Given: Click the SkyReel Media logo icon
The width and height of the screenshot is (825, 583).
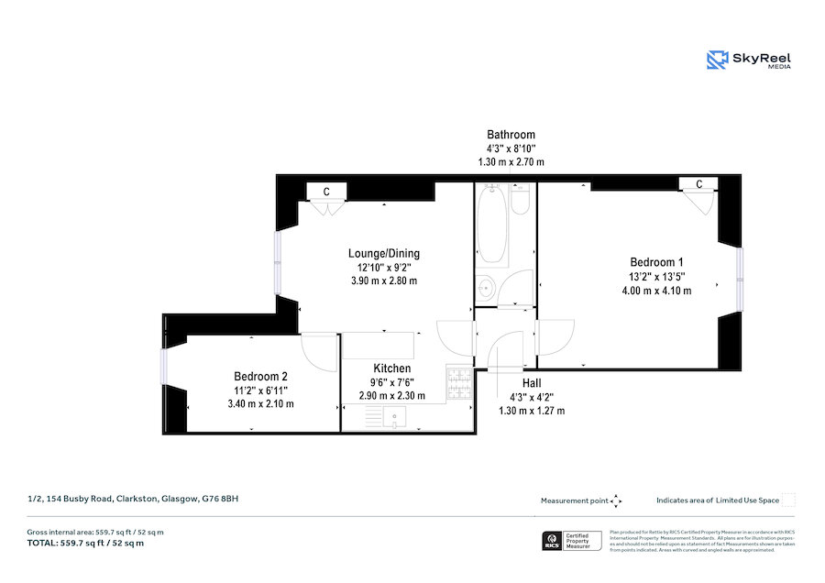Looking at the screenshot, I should (716, 60).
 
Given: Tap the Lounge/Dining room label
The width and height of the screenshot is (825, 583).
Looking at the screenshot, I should (383, 253).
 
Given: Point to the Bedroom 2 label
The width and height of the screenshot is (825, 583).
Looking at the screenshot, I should (260, 376).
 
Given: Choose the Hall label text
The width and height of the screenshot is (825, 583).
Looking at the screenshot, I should (532, 383).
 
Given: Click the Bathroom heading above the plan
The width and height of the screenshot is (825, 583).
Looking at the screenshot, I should (511, 134).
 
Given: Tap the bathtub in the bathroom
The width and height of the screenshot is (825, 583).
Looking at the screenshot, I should (491, 224).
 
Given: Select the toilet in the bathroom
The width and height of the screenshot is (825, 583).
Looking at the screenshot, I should (520, 199).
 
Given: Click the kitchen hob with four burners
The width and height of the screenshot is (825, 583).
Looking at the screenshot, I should (457, 383).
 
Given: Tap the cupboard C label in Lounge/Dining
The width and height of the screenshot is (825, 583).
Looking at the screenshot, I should (325, 192).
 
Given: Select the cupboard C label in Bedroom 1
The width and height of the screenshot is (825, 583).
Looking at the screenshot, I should (699, 184).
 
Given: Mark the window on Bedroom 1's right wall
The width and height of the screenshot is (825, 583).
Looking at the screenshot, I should (740, 279).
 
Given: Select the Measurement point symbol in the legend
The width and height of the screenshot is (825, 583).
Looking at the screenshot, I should (616, 500).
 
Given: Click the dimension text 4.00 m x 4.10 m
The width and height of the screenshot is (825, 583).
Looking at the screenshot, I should (656, 291).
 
